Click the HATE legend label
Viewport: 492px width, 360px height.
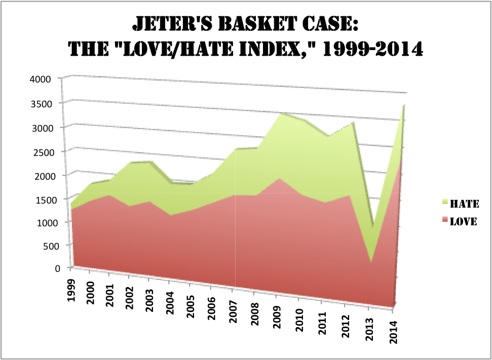coord(465,204)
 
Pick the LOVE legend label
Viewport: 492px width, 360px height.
coord(464,222)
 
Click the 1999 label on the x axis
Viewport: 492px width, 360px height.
coord(72,289)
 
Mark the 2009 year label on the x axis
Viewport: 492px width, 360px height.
coord(277,317)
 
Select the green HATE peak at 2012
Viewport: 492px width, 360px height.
coord(353,123)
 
